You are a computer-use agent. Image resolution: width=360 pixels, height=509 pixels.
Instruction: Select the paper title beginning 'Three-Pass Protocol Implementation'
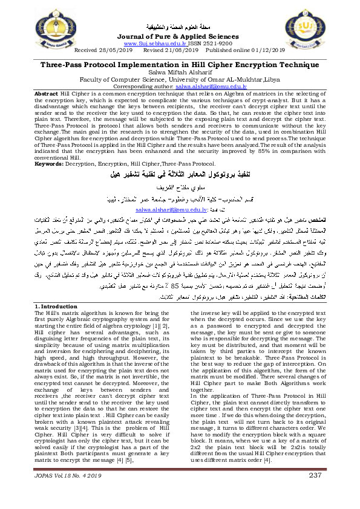[x=180, y=63]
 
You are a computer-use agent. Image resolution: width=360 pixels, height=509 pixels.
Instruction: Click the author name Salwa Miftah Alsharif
[x=180, y=71]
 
